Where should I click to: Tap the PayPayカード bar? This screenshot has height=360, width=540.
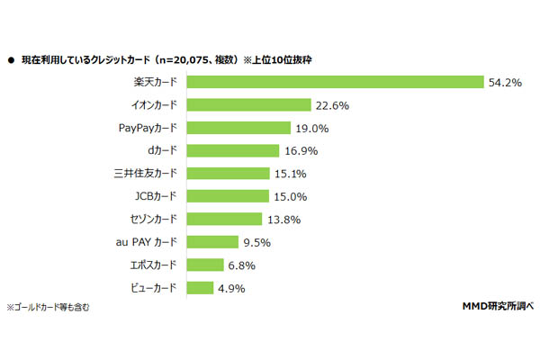(x=239, y=128)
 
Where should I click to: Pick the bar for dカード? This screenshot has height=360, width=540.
(x=234, y=150)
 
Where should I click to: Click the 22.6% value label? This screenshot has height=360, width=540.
(x=331, y=104)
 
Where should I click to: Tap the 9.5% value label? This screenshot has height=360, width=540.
(x=258, y=242)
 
